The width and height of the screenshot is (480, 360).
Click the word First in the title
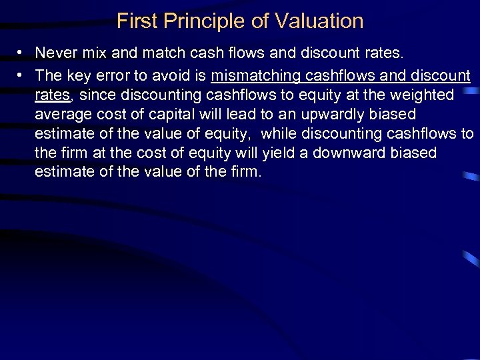coord(137,21)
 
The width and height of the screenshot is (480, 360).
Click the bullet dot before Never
coord(22,53)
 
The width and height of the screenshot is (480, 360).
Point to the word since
coord(95,95)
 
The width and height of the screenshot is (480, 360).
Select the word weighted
coord(423,95)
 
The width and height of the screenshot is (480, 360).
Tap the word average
coord(62,114)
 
